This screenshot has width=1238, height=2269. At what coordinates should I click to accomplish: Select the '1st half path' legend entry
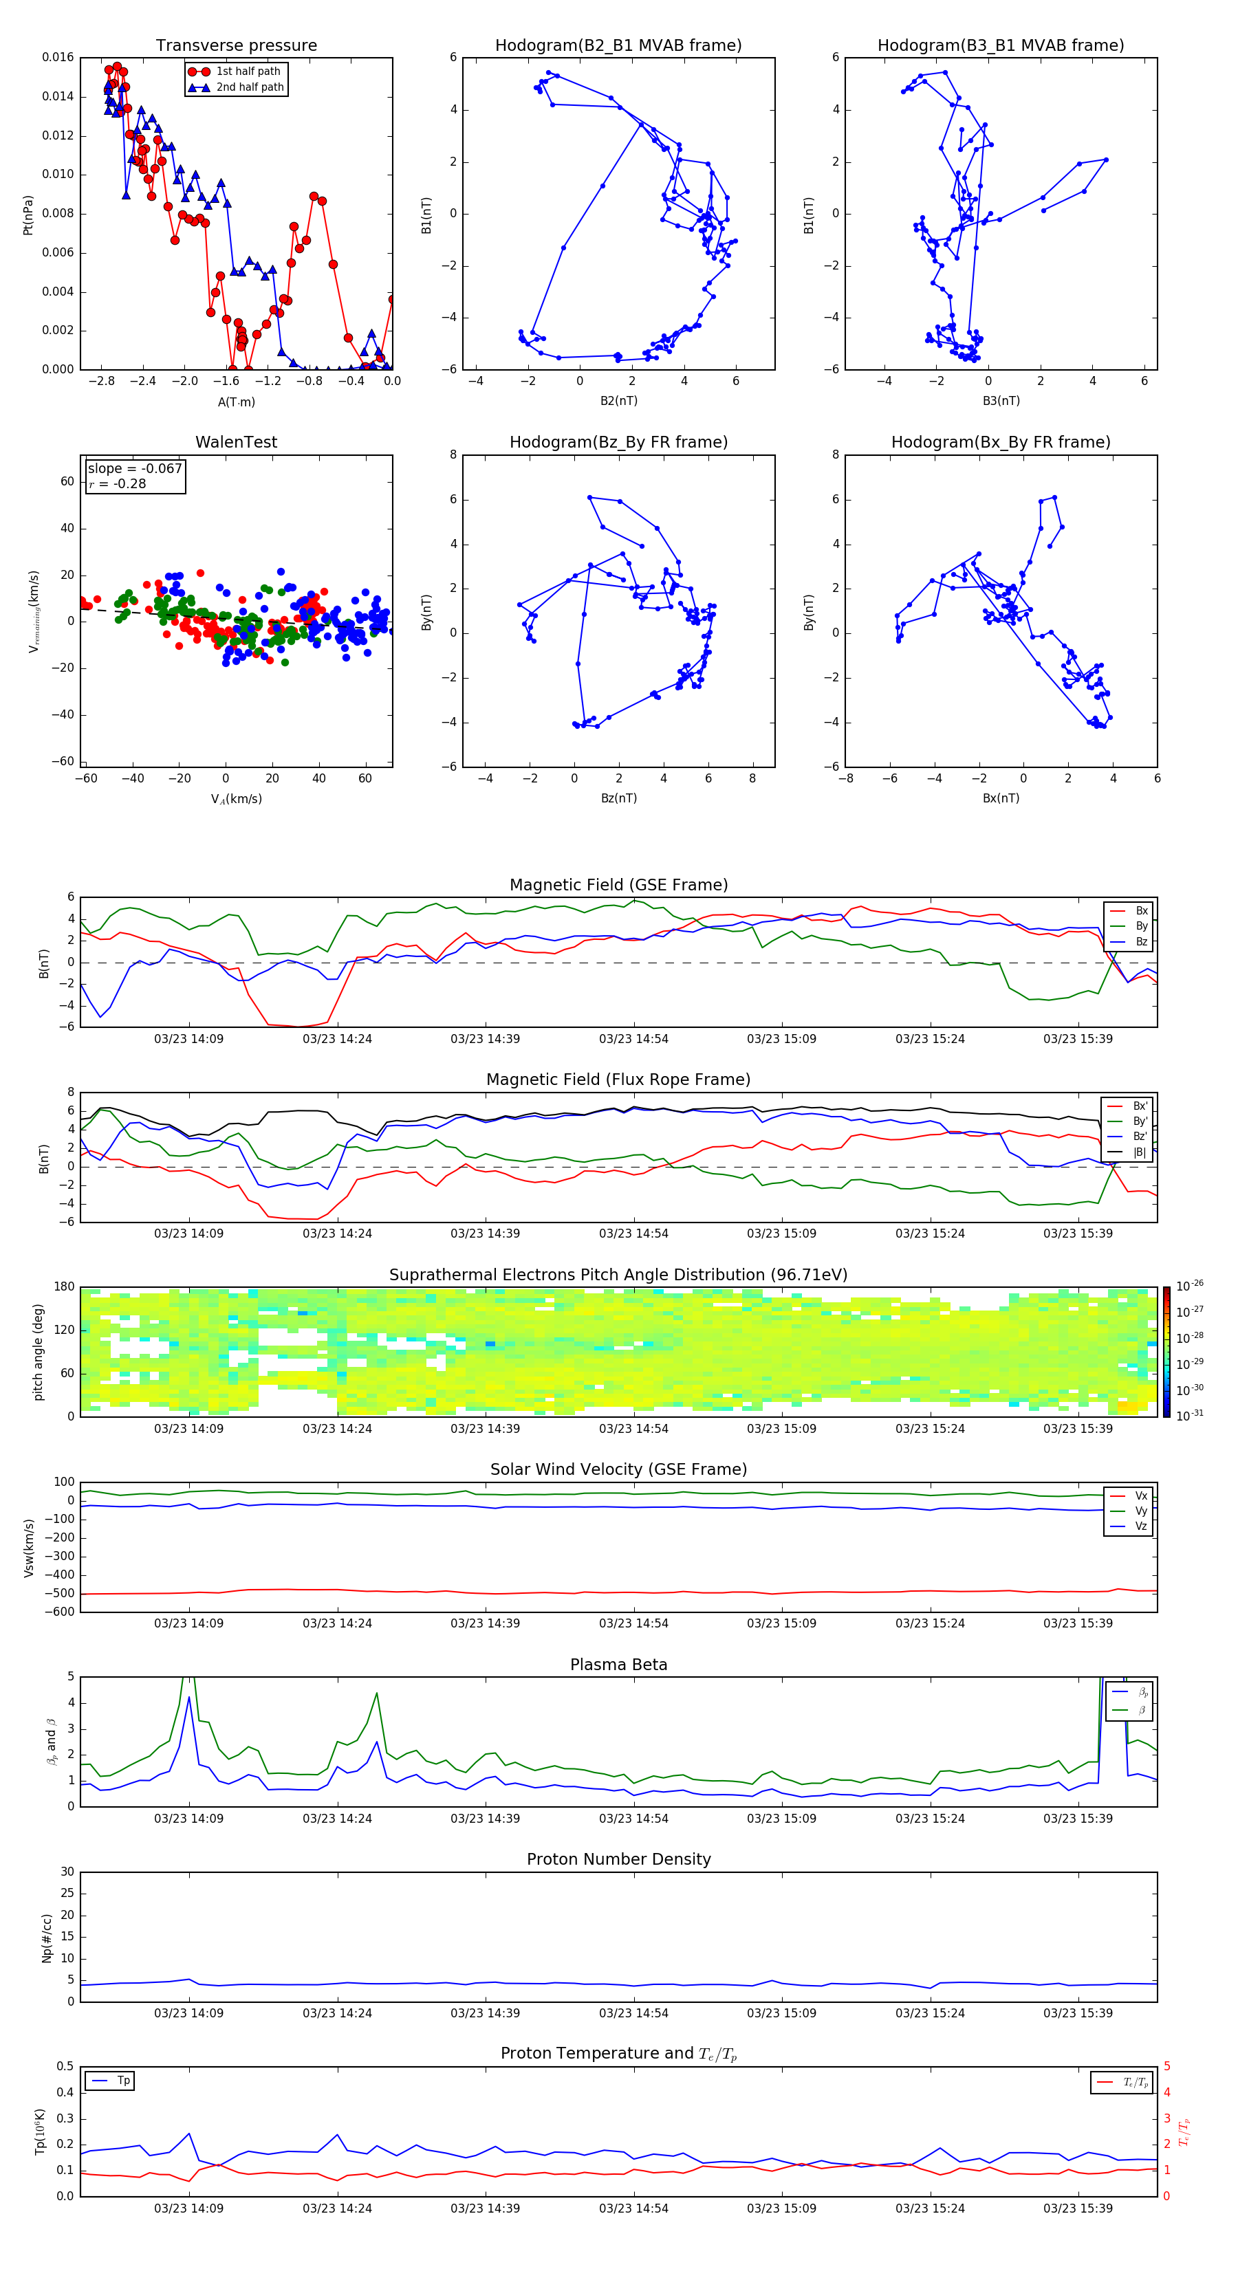248,72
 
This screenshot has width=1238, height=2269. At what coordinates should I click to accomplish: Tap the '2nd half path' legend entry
250,87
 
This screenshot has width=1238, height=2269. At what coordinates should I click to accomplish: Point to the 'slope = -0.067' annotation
135,469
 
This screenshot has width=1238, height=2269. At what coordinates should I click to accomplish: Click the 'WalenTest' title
236,442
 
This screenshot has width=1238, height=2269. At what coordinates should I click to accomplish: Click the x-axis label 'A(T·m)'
236,402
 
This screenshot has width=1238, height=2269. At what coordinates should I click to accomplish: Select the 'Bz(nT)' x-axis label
618,798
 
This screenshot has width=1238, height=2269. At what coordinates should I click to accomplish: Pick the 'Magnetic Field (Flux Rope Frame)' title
618,1080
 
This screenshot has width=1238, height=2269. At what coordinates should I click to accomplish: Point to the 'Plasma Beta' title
618,1665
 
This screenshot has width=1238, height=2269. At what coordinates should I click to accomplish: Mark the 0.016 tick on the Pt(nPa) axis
58,57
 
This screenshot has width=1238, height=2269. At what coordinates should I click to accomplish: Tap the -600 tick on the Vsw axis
60,1612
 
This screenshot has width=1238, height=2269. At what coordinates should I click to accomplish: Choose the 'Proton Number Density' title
618,1859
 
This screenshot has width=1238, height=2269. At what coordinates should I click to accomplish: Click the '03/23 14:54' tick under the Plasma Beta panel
633,1818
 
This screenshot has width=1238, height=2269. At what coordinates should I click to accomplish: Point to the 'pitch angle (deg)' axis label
38,1352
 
